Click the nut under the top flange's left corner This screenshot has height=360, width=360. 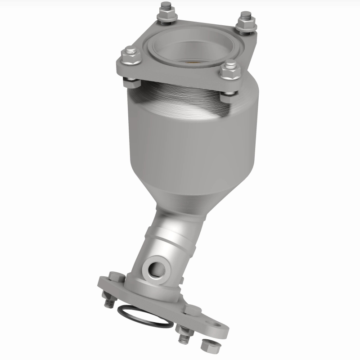tap(129, 82)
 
